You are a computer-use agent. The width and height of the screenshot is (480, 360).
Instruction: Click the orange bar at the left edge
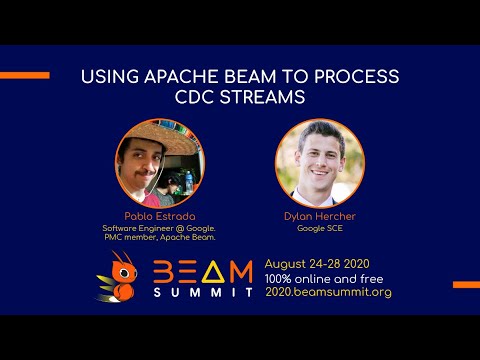tap(24, 74)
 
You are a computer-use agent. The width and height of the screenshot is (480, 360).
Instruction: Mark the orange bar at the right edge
tap(466, 285)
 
